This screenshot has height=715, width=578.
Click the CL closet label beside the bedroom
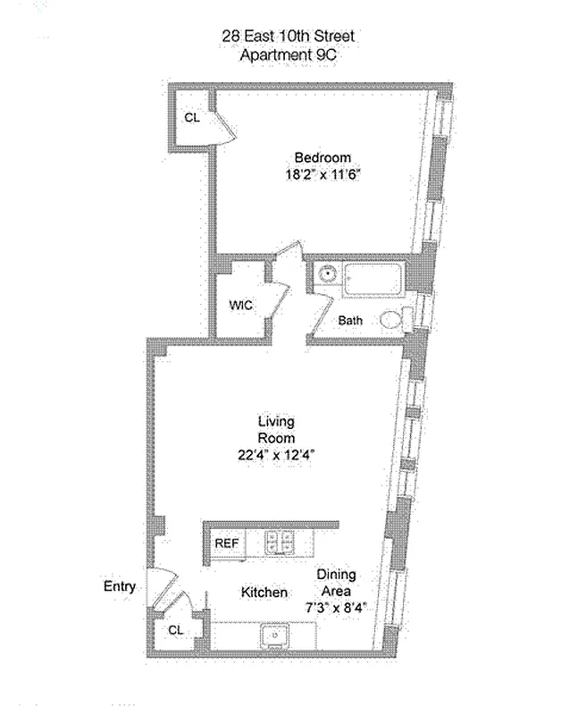(191, 117)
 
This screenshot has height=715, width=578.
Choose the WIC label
(241, 305)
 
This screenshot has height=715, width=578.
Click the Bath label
(349, 321)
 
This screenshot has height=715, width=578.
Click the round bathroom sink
(327, 274)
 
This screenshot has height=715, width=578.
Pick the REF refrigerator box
(226, 543)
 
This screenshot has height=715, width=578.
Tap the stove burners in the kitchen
(283, 542)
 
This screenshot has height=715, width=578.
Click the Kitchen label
(264, 593)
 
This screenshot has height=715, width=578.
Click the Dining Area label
(336, 583)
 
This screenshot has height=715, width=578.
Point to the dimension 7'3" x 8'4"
(336, 609)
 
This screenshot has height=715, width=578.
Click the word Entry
(120, 586)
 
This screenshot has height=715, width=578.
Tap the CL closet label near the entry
(175, 630)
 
